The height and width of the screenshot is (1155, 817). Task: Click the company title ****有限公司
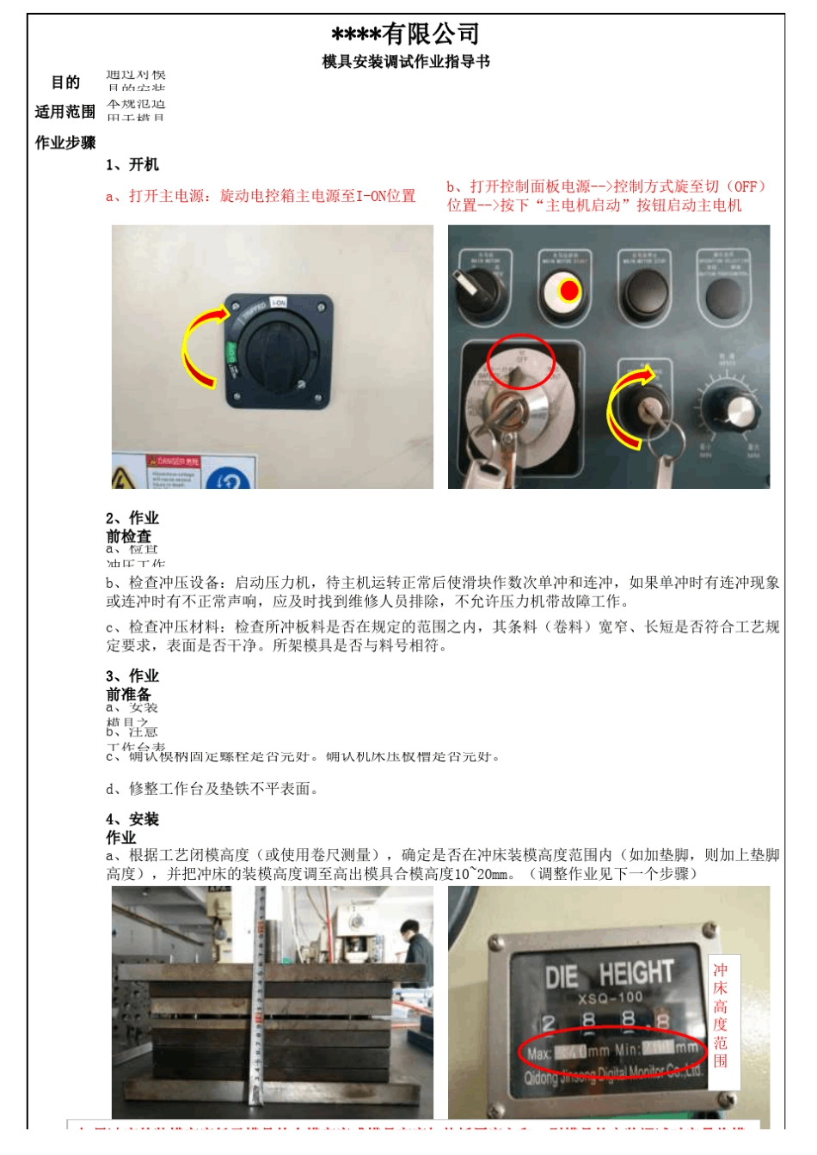405,34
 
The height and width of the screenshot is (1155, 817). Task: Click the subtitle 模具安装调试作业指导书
405,62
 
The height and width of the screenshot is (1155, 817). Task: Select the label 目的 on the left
65,82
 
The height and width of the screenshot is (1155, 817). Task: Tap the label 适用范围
65,112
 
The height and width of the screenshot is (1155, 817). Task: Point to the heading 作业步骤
65,143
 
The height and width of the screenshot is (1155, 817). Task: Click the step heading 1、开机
132,165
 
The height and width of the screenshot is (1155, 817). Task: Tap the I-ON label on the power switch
279,303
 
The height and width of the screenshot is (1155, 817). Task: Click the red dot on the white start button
568,290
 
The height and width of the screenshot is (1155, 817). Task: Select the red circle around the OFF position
521,362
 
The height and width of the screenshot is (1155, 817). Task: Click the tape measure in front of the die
257,997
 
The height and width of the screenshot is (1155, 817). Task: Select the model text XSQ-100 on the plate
610,998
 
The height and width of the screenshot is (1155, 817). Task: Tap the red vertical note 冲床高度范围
721,1015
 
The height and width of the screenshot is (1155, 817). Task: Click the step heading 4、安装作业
132,828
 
